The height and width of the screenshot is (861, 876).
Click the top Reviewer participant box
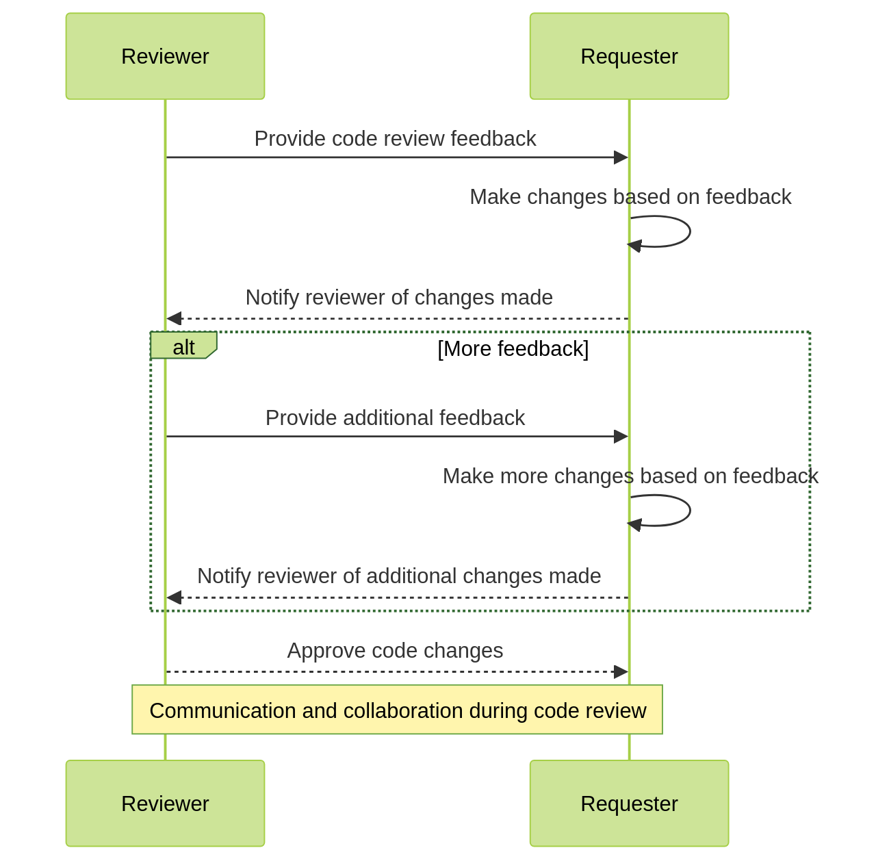(x=165, y=56)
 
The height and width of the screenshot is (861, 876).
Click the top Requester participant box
(x=629, y=56)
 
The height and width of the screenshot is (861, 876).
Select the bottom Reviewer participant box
(x=165, y=803)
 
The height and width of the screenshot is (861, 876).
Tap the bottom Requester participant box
(x=629, y=803)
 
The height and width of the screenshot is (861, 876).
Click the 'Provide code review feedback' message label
(x=395, y=139)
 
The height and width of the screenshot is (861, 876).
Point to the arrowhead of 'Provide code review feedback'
(x=621, y=157)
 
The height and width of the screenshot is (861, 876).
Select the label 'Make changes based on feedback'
(x=630, y=197)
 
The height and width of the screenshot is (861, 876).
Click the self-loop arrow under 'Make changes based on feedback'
(x=688, y=231)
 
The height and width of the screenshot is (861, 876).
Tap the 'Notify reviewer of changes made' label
(x=399, y=298)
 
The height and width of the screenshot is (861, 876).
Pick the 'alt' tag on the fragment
(x=183, y=346)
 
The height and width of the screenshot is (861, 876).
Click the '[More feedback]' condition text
(x=513, y=349)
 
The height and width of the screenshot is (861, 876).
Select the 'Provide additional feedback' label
(x=395, y=418)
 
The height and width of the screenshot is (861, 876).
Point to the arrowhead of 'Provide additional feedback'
(x=621, y=436)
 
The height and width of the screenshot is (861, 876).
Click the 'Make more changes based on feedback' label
(x=630, y=476)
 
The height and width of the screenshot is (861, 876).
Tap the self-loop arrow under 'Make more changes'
(x=688, y=511)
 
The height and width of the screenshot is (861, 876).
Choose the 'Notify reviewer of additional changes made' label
(x=399, y=576)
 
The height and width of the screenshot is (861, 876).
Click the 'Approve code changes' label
(x=395, y=651)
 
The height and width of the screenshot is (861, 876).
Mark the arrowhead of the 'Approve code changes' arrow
(x=621, y=671)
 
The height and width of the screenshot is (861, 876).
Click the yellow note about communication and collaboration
(x=397, y=710)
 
